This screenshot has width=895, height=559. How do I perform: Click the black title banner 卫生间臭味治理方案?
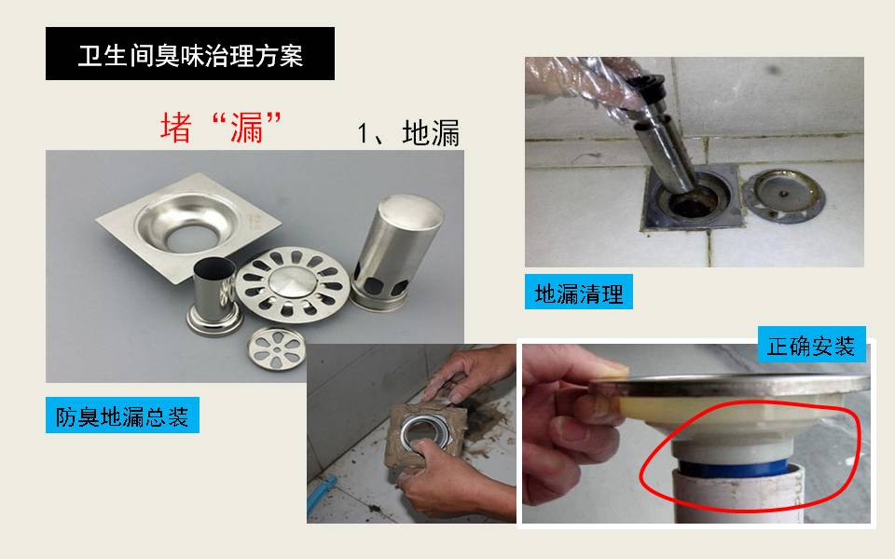point(190,54)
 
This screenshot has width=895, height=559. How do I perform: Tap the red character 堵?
point(176,128)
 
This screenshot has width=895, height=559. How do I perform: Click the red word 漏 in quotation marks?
point(246,128)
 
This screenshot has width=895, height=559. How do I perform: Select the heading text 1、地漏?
point(408,133)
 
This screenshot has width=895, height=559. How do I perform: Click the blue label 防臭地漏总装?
point(122,416)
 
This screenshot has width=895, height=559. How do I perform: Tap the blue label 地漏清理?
point(579,292)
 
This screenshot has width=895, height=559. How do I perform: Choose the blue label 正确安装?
point(812,345)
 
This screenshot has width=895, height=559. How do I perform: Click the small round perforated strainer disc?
point(277,348)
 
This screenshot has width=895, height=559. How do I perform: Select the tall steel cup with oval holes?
point(396,252)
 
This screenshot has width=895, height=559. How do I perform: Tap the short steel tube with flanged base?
point(213,296)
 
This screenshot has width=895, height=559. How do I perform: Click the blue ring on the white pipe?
point(737,469)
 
